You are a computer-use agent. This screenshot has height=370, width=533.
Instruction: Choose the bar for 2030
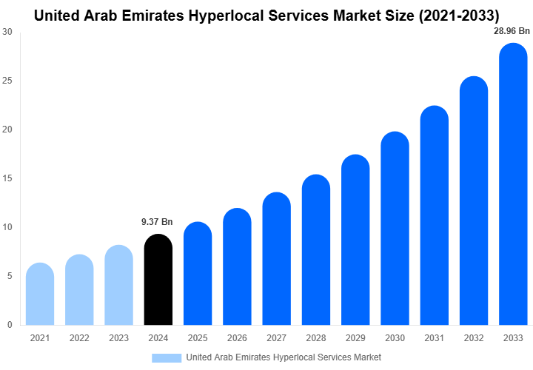[395, 229]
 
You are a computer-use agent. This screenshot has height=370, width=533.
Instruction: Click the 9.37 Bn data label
[157, 221]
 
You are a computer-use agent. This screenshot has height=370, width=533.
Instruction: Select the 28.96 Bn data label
[512, 31]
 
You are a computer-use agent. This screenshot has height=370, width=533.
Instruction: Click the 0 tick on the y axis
[9, 325]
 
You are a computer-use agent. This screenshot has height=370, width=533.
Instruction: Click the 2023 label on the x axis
[118, 338]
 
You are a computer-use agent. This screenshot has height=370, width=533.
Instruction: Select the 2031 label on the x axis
[434, 338]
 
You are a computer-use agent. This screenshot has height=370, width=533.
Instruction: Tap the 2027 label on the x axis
[276, 338]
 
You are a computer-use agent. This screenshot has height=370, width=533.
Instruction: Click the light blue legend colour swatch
[166, 357]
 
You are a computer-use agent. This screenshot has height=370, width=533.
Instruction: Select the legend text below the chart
[284, 357]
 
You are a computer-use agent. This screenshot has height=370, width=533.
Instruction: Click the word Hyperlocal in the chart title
[238, 14]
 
